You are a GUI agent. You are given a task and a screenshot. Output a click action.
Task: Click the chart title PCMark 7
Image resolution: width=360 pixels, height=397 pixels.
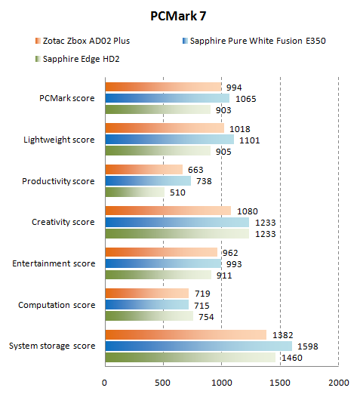click(x=180, y=16)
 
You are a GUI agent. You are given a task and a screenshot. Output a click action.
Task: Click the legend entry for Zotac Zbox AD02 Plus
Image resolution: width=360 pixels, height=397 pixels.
click(x=84, y=40)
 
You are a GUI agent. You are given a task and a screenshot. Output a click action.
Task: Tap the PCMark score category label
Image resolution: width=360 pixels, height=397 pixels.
click(x=67, y=98)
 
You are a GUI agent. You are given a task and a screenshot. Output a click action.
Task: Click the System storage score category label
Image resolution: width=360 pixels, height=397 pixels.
click(x=52, y=346)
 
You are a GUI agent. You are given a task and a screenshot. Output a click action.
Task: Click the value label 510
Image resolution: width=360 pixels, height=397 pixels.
click(x=176, y=192)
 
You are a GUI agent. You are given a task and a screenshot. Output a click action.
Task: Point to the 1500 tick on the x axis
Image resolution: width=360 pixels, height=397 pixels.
click(x=280, y=382)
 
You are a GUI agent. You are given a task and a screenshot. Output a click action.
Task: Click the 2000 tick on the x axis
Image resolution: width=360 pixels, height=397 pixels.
click(x=338, y=382)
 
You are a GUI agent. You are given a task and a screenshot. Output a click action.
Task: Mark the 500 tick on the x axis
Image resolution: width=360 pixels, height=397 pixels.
click(x=163, y=382)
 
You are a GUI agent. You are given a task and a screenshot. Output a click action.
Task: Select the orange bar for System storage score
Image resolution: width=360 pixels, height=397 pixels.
click(x=185, y=334)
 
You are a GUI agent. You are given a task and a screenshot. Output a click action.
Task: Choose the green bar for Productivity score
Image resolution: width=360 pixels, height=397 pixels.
click(x=134, y=192)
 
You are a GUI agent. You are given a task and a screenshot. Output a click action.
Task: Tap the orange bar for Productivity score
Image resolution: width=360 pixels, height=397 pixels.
click(x=143, y=169)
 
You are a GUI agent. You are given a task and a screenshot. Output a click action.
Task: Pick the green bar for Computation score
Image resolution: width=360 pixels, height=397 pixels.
click(x=149, y=315)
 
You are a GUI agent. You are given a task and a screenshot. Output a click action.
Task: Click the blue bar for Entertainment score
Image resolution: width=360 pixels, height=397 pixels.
click(x=162, y=263)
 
